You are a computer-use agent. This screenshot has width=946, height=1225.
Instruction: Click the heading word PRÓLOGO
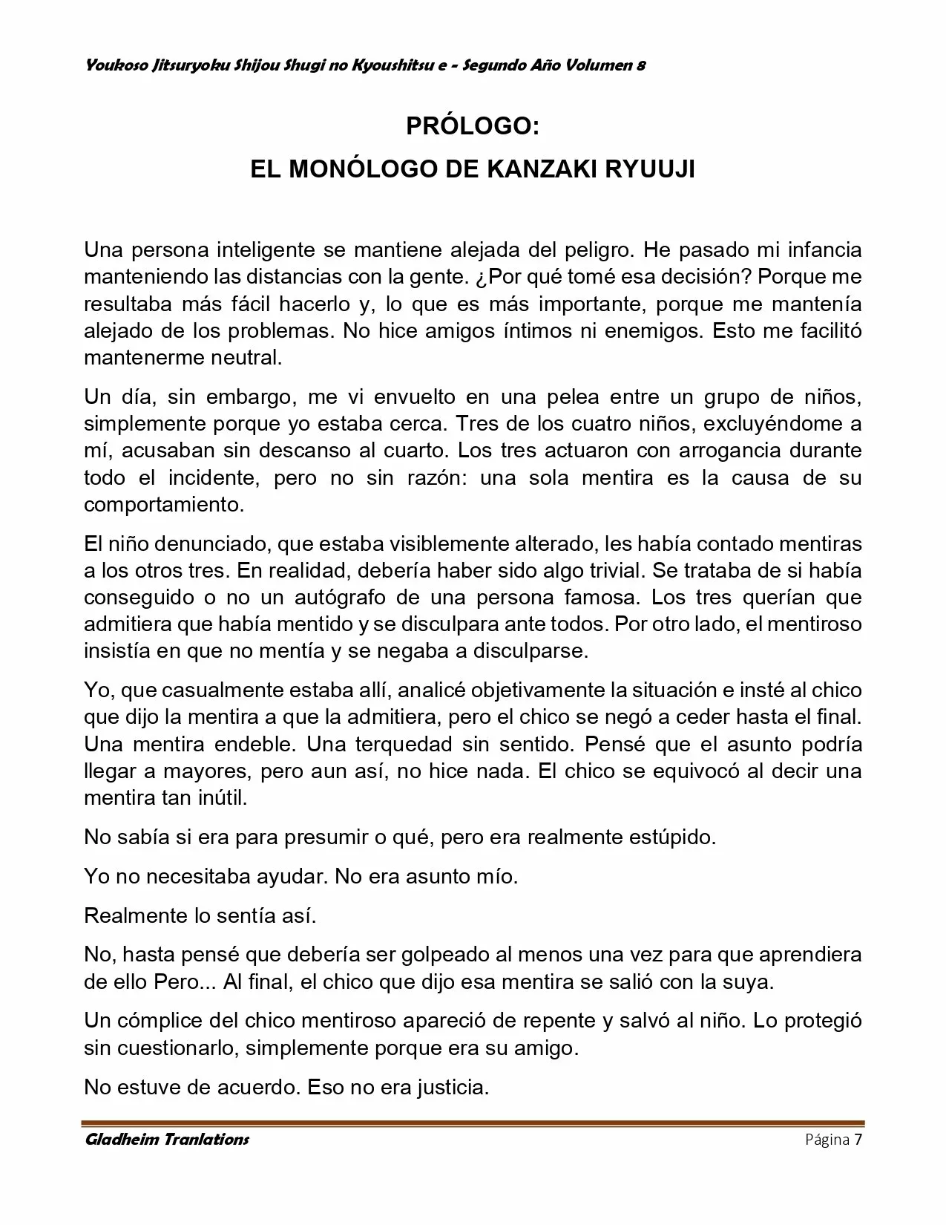coord(472,127)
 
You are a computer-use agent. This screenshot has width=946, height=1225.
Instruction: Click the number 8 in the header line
coord(640,65)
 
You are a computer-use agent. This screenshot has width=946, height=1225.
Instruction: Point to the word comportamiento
coord(163,505)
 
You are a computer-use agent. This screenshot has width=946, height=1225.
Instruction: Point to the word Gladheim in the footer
coord(122,1140)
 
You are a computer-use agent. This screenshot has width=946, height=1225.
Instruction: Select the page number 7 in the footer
coord(858,1140)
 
